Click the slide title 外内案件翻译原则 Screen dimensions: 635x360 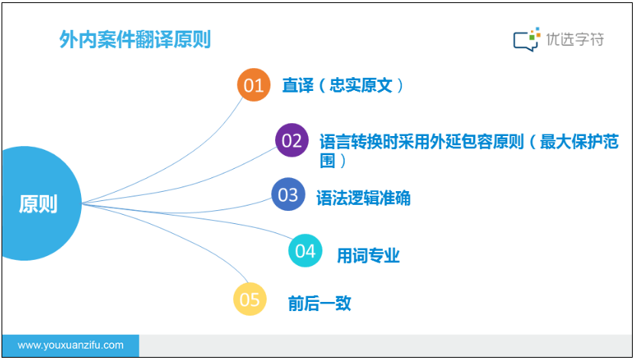pos(134,40)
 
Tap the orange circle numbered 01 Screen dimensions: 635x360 pos(254,85)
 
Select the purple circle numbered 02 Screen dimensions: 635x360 pos(292,140)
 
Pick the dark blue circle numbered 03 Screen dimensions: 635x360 pos(288,194)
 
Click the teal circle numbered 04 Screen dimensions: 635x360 pos(305,251)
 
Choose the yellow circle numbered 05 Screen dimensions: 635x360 pos(249,299)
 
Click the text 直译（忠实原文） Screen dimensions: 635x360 pos(342,86)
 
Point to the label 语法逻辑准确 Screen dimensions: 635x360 pos(363,198)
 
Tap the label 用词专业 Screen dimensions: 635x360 pos(368,255)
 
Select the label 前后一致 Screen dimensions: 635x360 pos(319,303)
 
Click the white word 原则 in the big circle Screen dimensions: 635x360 pos(38,203)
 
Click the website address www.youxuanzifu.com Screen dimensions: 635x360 pos(70,345)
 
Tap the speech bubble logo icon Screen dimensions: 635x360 pos(526,39)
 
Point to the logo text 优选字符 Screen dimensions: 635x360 pos(575,39)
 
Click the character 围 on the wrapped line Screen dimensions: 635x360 pos(327,161)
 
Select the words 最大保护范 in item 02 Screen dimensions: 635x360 pos(579,141)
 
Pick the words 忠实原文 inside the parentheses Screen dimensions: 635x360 pos(361,86)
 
